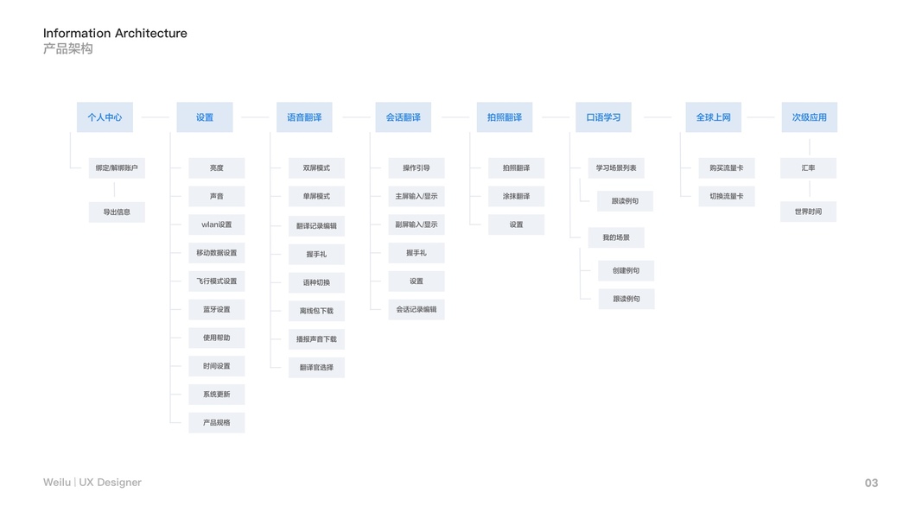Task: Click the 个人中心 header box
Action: click(105, 117)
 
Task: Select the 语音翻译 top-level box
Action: click(304, 117)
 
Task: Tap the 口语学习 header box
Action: click(603, 117)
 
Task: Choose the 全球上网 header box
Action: click(713, 117)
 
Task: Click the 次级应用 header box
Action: click(809, 117)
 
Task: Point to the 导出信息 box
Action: click(117, 212)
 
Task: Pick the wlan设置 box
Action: click(216, 224)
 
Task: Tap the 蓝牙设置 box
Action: click(216, 309)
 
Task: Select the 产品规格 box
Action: click(216, 422)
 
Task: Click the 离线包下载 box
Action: click(316, 311)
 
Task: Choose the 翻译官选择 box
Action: click(316, 367)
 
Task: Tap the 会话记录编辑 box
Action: click(416, 309)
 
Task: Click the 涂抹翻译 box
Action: click(516, 196)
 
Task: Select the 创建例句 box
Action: click(626, 270)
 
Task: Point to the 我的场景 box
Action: click(615, 237)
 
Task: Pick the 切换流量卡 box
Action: click(726, 196)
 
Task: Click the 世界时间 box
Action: click(808, 212)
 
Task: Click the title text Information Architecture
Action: click(115, 34)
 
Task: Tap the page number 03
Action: click(871, 483)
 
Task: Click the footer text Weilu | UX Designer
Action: click(92, 483)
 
